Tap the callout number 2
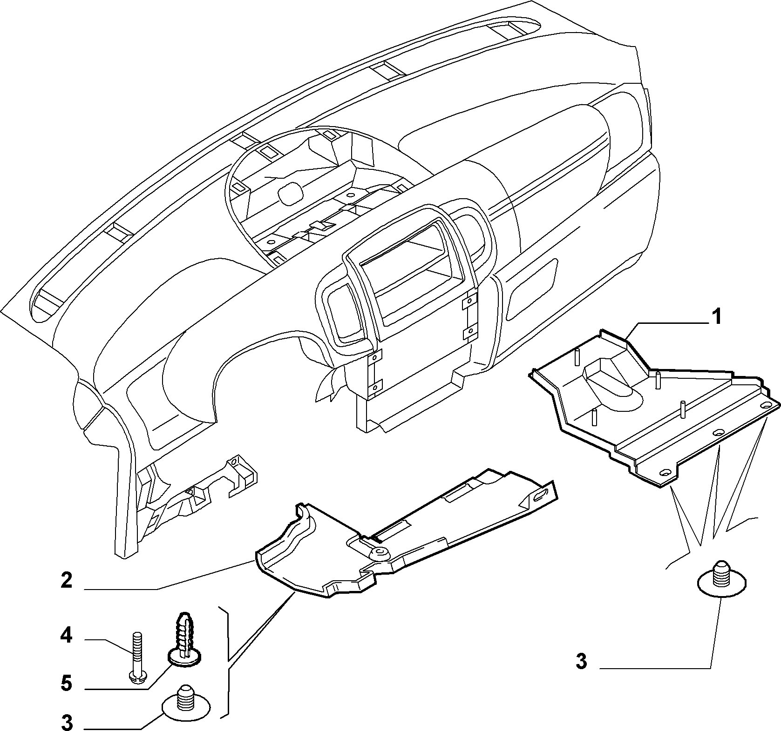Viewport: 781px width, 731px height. coord(67,580)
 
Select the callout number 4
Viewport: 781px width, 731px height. coord(66,635)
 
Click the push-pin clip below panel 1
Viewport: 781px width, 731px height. coord(721,578)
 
